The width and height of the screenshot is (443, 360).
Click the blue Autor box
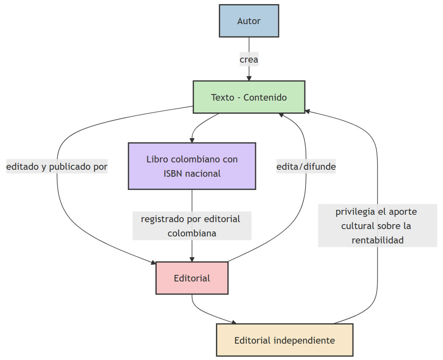point(249,21)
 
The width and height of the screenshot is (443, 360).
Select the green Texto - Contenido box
point(249,97)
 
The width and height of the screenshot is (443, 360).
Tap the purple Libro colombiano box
point(192,166)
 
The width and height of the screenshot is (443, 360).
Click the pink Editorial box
point(192,278)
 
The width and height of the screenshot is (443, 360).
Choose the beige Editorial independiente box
point(285,340)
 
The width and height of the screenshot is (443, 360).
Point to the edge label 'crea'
point(249,59)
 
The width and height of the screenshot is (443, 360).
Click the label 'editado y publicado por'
point(57,167)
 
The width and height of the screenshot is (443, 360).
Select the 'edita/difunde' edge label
point(306,167)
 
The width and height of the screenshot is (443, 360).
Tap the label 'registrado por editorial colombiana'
point(192,226)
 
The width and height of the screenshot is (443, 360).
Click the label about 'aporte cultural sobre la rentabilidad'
point(378,226)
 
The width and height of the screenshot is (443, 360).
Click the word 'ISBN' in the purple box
point(172,174)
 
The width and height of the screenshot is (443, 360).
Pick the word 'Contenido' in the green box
point(265,97)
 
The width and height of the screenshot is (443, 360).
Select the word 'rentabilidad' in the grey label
point(378,240)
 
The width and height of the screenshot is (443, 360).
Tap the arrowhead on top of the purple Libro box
point(192,140)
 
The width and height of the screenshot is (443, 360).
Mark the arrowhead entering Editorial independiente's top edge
point(234,322)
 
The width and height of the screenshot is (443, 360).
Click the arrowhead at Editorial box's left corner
point(154,263)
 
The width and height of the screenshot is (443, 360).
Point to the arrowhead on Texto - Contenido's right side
point(308,111)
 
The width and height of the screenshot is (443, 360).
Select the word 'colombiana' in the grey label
point(192,233)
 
